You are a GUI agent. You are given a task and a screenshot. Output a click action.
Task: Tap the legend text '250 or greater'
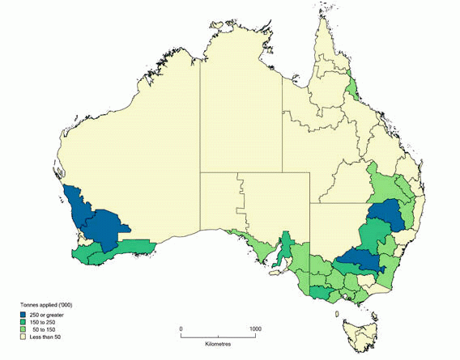[48, 315]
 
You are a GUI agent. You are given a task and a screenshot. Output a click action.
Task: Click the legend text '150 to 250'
[45, 322]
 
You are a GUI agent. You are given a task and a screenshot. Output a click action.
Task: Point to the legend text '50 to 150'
[46, 329]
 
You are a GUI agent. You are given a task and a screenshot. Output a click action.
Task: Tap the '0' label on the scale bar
[181, 328]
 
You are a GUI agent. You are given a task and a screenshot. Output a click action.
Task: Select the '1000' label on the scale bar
[255, 328]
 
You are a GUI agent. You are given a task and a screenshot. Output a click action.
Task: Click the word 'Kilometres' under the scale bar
[218, 344]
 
